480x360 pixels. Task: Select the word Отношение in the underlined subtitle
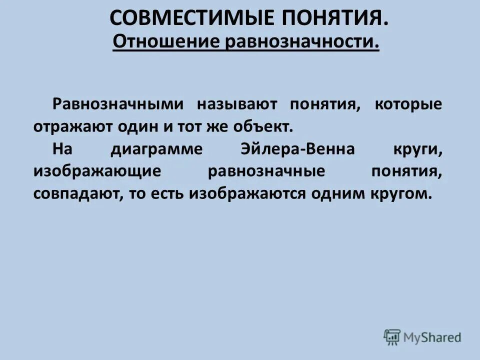(x=166, y=42)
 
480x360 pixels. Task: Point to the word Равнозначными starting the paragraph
(x=118, y=104)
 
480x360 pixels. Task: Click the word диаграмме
(x=153, y=149)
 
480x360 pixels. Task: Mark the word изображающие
(x=97, y=171)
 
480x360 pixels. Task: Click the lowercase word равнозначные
(x=266, y=171)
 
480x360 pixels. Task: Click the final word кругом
(x=402, y=194)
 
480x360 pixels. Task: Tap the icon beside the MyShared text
(x=392, y=337)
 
